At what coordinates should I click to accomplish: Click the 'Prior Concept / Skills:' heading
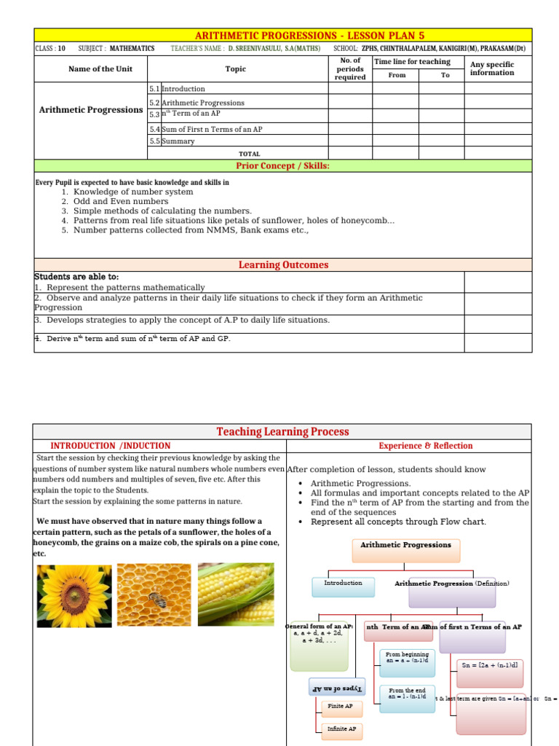pos(283,165)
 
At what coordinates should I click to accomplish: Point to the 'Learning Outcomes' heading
pos(283,265)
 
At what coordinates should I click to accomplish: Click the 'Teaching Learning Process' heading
pos(282,431)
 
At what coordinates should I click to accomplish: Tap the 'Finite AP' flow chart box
pos(341,706)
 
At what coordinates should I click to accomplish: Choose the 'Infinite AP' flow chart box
pos(341,729)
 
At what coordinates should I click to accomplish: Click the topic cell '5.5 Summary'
pos(178,141)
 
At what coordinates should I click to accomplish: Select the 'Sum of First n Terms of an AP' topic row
pos(211,129)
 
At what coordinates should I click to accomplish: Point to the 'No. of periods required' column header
pos(350,69)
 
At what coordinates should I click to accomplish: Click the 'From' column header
pos(397,75)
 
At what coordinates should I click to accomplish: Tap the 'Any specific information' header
pos(492,68)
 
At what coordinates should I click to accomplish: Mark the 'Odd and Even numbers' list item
pos(120,201)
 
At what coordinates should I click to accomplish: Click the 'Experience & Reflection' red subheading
pos(425,446)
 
